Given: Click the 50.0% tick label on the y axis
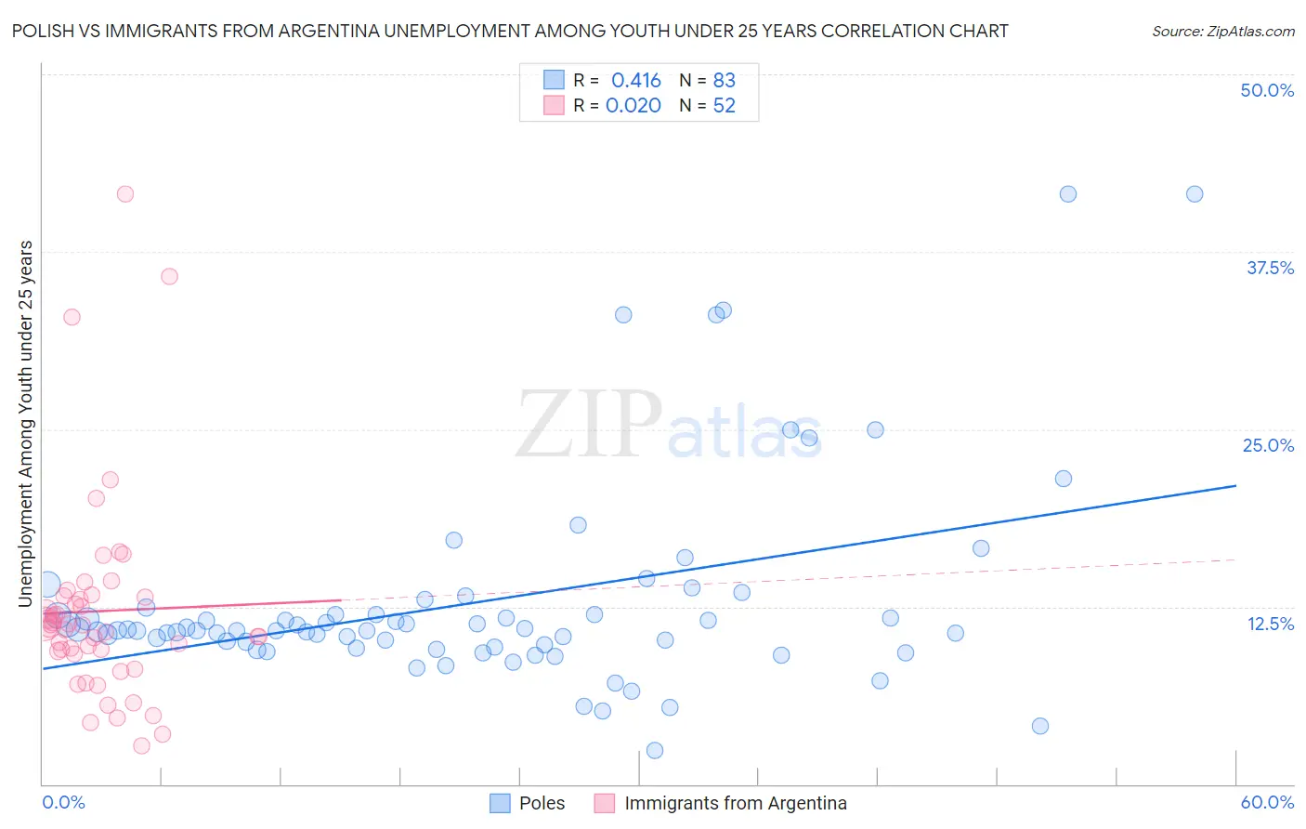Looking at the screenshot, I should [x=1267, y=90].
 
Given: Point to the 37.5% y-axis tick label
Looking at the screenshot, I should [x=1270, y=268].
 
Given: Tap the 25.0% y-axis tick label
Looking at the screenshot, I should [x=1268, y=445].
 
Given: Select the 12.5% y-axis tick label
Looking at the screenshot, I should [x=1270, y=624].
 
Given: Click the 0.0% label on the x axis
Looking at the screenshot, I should [x=63, y=802].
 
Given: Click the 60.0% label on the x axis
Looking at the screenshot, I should [x=1267, y=802].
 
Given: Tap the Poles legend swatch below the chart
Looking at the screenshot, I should [x=500, y=803].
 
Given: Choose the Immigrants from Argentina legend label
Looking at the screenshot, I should [x=736, y=803].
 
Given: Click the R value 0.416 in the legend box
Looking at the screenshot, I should [x=636, y=80].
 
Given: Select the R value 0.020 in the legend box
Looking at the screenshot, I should [x=633, y=105].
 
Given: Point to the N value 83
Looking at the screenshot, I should [x=725, y=80].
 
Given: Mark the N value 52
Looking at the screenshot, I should [x=725, y=105].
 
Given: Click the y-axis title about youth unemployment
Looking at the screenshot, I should [x=25, y=424].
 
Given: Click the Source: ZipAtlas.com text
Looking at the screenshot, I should [x=1223, y=31].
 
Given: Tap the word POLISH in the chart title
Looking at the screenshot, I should [x=42, y=31].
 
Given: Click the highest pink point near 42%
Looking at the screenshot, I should [x=125, y=194].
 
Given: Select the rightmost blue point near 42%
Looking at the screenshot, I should [x=1195, y=194].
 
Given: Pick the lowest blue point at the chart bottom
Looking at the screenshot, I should [x=655, y=750].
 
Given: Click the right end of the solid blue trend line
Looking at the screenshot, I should [x=1235, y=485].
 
